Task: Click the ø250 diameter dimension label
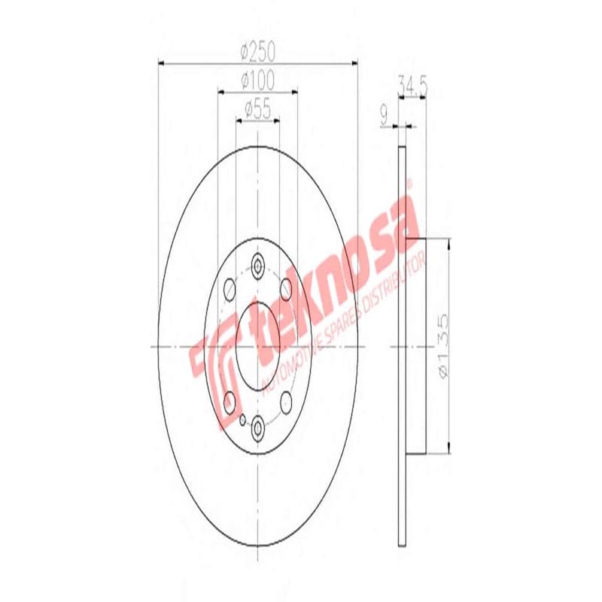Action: tap(257, 53)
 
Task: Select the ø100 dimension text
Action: tap(257, 79)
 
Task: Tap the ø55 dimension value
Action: tap(257, 111)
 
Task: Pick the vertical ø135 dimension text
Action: tap(444, 346)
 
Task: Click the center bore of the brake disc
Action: tap(257, 346)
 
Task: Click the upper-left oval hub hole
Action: tap(229, 289)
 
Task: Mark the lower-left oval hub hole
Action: tap(229, 403)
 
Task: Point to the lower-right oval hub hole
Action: tap(287, 403)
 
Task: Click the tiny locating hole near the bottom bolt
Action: tap(242, 418)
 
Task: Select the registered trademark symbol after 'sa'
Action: tap(410, 183)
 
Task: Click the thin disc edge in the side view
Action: tap(401, 346)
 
